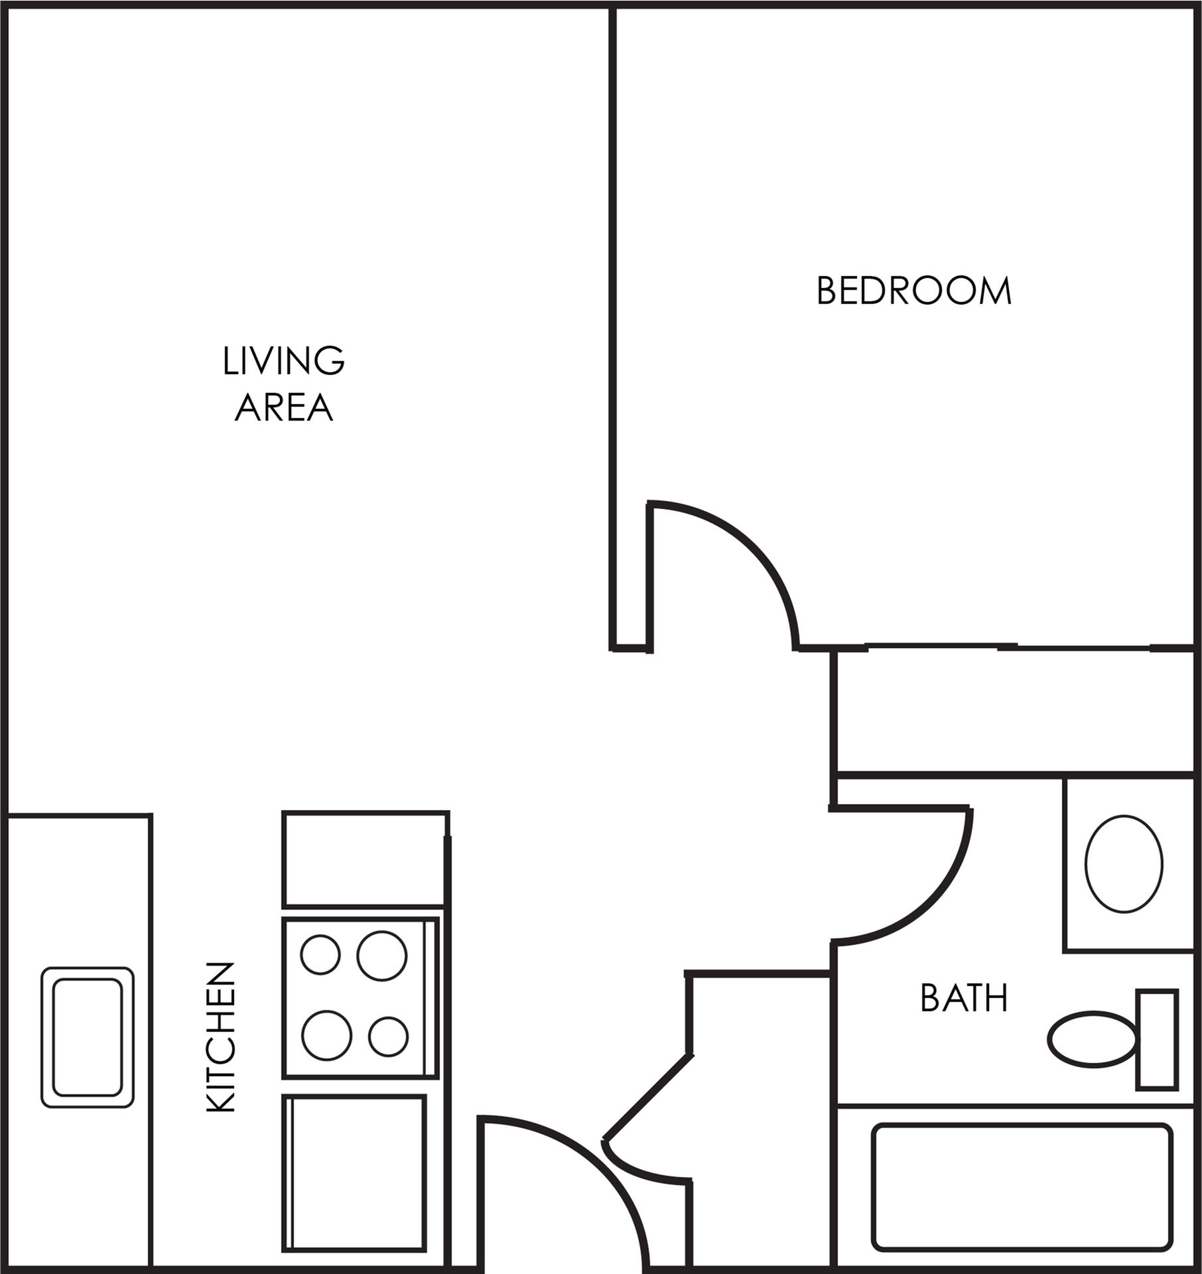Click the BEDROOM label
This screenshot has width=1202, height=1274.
pyautogui.click(x=913, y=291)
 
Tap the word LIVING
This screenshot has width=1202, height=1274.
pyautogui.click(x=283, y=361)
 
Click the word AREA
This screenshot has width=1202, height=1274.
pyautogui.click(x=283, y=407)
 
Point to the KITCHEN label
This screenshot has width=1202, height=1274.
pyautogui.click(x=221, y=1037)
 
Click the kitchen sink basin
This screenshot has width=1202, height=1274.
pyautogui.click(x=88, y=1037)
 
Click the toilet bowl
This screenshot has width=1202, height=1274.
pyautogui.click(x=1092, y=1040)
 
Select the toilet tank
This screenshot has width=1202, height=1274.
pyautogui.click(x=1157, y=1040)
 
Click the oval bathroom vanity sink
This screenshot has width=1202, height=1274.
pyautogui.click(x=1124, y=863)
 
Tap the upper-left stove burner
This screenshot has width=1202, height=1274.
pyautogui.click(x=320, y=954)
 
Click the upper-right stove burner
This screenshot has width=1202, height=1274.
pyautogui.click(x=381, y=955)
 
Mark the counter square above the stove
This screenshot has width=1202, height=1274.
pyautogui.click(x=366, y=859)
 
